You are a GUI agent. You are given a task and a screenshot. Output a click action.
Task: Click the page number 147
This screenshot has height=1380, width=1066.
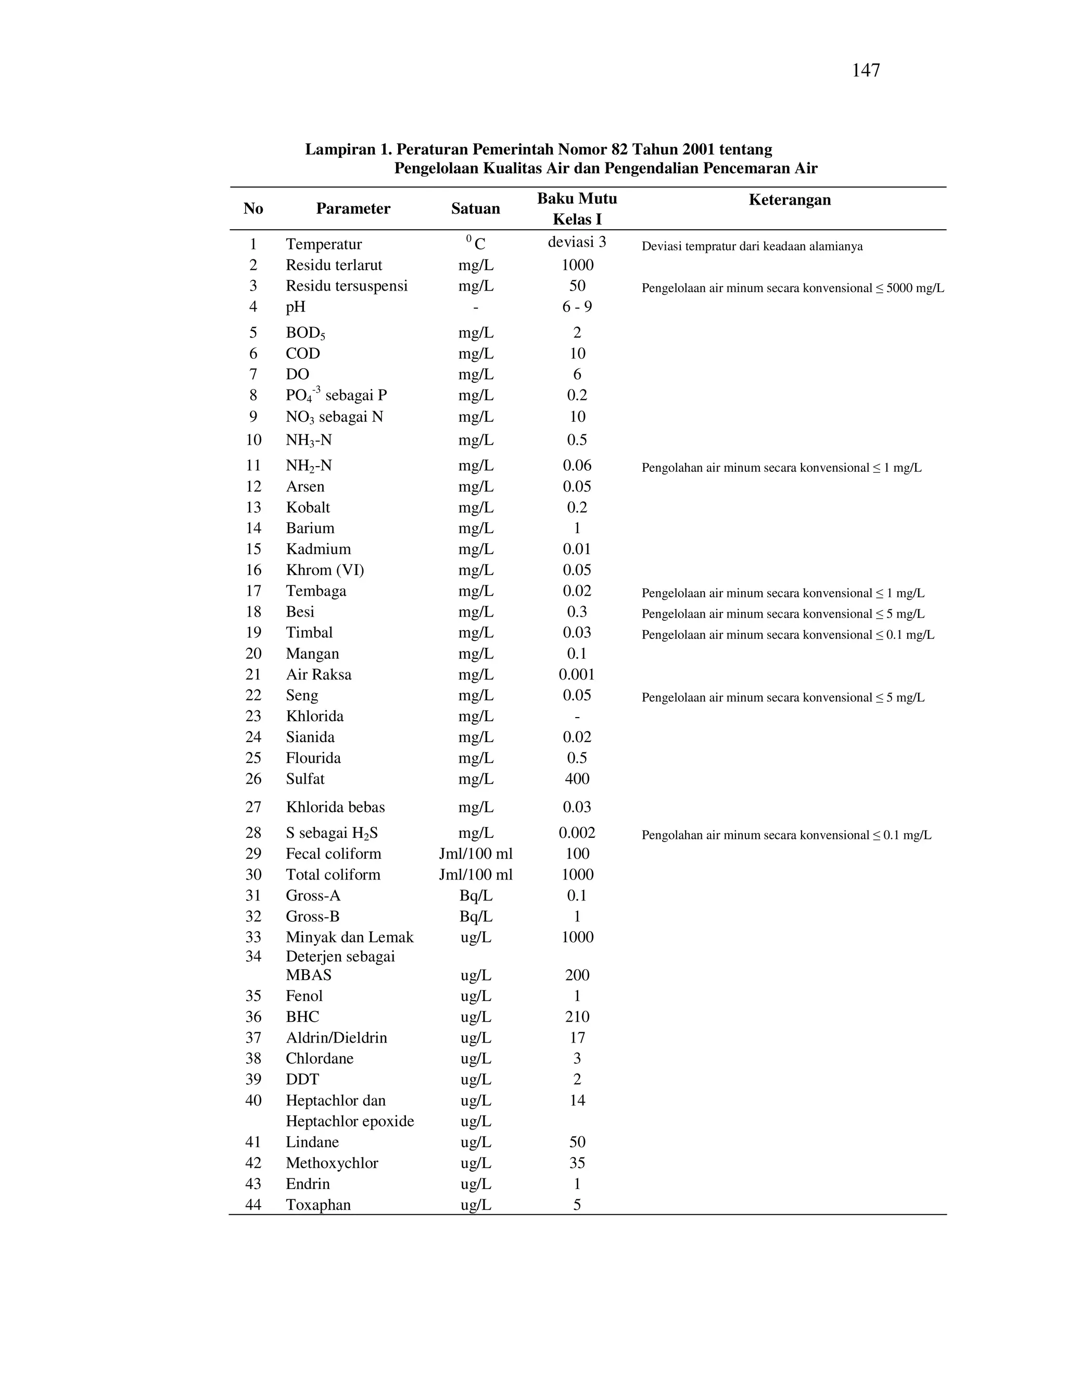click(x=865, y=71)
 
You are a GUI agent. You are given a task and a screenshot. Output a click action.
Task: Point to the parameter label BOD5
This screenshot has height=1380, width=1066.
click(x=305, y=333)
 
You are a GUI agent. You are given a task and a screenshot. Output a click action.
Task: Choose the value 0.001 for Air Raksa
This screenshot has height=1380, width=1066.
click(x=577, y=674)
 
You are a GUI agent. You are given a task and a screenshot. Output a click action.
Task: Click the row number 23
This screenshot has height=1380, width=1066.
click(x=253, y=716)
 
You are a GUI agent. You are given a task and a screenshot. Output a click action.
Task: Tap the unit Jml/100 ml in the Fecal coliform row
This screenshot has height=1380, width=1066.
click(x=476, y=854)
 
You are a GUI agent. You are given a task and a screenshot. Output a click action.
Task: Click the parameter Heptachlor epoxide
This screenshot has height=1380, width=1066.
click(x=350, y=1121)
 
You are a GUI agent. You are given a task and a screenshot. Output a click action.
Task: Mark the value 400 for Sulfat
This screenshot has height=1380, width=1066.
click(x=577, y=779)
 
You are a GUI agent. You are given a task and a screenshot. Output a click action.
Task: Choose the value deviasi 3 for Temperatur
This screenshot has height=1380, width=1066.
click(x=577, y=242)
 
